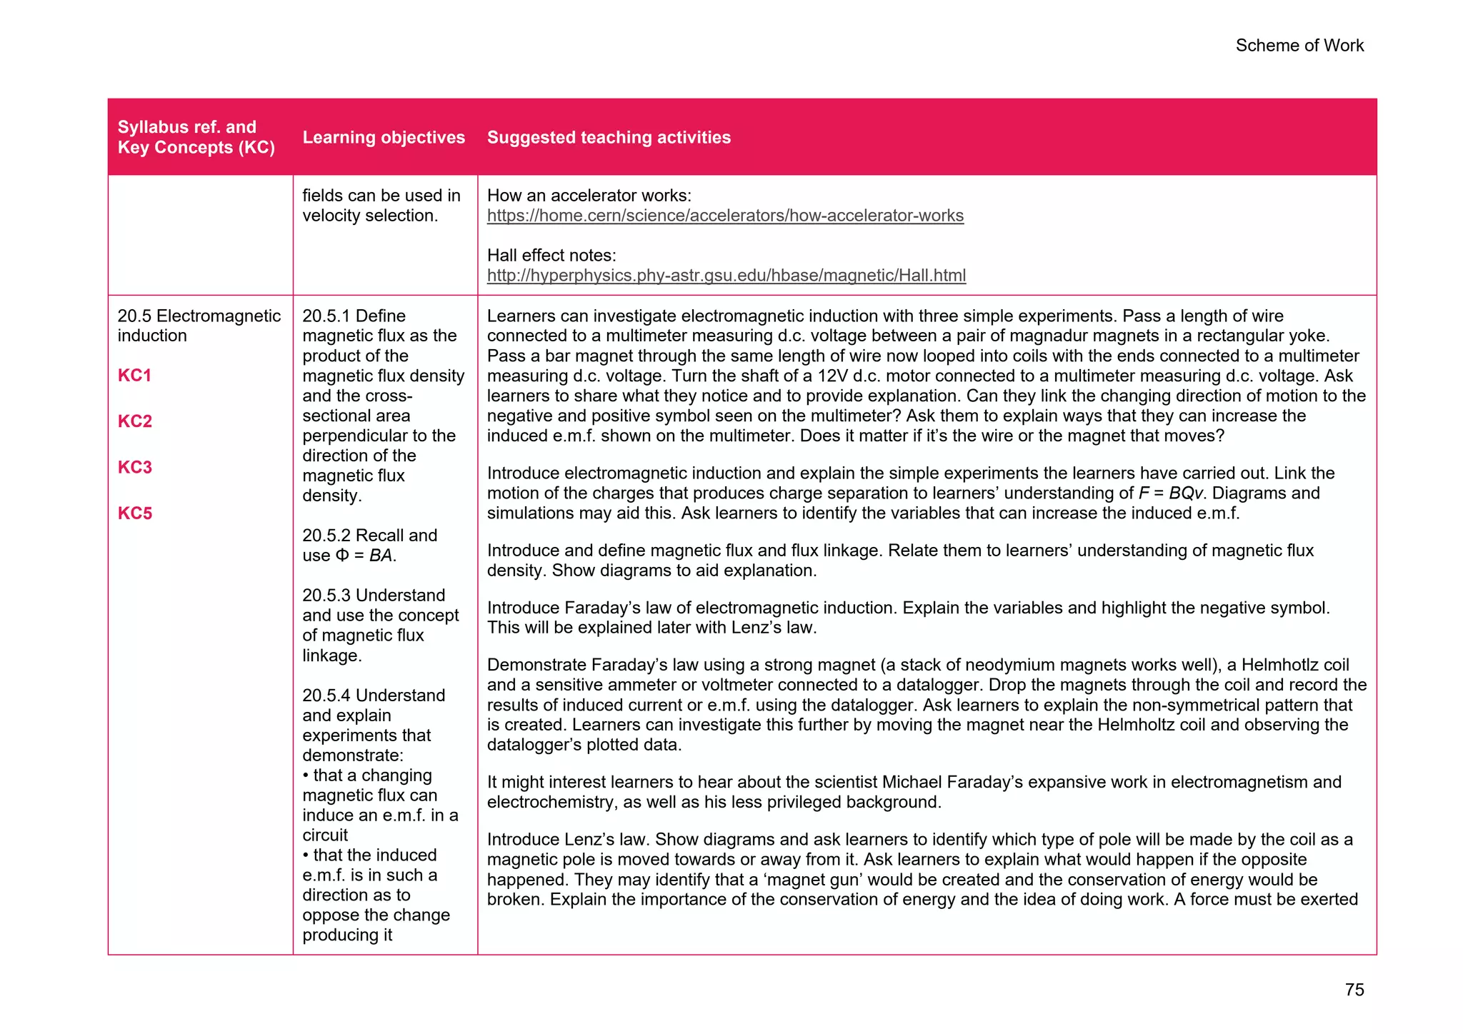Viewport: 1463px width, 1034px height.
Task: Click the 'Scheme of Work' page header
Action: pyautogui.click(x=1299, y=46)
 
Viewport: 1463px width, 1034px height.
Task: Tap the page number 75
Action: pyautogui.click(x=1354, y=990)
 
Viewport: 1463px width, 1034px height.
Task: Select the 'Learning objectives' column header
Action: pyautogui.click(x=384, y=137)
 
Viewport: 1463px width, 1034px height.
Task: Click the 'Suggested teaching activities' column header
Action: pyautogui.click(x=609, y=137)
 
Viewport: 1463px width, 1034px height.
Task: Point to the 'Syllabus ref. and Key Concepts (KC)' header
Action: pyautogui.click(x=196, y=137)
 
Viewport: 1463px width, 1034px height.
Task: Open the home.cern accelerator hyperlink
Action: pyautogui.click(x=725, y=216)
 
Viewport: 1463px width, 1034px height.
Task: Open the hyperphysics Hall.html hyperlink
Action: pyautogui.click(x=726, y=276)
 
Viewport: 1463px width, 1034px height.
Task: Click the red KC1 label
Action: pyautogui.click(x=135, y=376)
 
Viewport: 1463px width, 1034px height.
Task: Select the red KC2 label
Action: pyautogui.click(x=135, y=421)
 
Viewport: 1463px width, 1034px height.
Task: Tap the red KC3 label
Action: pyautogui.click(x=135, y=467)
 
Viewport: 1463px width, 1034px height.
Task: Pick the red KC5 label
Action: pyautogui.click(x=135, y=513)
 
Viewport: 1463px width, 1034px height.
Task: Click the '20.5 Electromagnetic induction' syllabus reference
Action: pyautogui.click(x=199, y=326)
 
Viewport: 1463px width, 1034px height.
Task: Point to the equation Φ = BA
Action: pyautogui.click(x=365, y=556)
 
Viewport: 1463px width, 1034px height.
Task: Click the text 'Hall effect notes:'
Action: pyautogui.click(x=551, y=256)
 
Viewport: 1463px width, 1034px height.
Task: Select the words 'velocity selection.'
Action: pyautogui.click(x=369, y=216)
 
